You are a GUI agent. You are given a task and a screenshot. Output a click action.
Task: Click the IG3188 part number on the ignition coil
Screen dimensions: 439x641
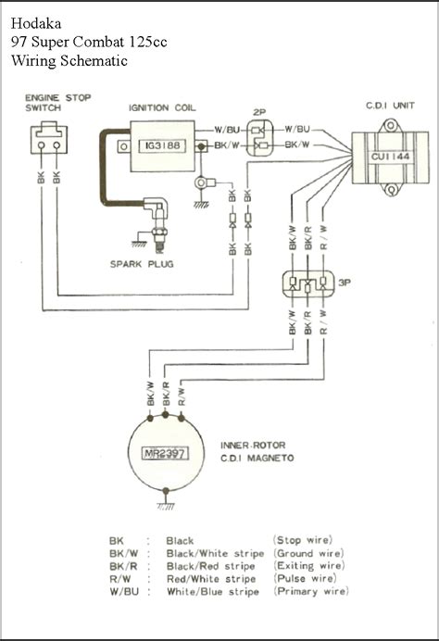pyautogui.click(x=162, y=146)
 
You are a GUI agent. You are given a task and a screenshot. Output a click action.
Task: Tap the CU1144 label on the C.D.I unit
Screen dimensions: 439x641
pyautogui.click(x=390, y=157)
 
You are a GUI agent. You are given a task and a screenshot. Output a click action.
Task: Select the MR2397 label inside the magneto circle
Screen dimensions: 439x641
pyautogui.click(x=164, y=454)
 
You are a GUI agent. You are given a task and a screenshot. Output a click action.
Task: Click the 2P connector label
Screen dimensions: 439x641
pyautogui.click(x=259, y=112)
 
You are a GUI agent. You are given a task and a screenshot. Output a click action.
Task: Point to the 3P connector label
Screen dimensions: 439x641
pyautogui.click(x=345, y=283)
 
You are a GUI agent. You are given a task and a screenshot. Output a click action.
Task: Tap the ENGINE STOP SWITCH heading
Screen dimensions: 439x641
pyautogui.click(x=58, y=103)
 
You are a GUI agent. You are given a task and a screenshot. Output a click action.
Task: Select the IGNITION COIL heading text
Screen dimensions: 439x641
pyautogui.click(x=162, y=108)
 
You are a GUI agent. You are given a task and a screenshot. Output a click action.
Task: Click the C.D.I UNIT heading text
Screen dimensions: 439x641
pyautogui.click(x=390, y=106)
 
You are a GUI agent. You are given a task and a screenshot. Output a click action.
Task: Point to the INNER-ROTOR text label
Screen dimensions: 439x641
pyautogui.click(x=253, y=446)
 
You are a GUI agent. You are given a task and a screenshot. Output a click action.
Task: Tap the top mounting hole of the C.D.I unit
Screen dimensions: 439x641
pyautogui.click(x=391, y=125)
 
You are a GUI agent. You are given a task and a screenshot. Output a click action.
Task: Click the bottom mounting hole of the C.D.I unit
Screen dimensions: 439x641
pyautogui.click(x=391, y=190)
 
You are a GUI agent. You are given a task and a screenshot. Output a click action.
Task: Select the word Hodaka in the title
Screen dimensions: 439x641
pyautogui.click(x=36, y=23)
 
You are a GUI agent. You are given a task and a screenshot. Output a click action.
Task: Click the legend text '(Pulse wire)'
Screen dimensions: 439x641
pyautogui.click(x=305, y=578)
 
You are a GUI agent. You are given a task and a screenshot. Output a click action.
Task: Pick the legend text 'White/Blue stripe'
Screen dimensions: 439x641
pyautogui.click(x=212, y=592)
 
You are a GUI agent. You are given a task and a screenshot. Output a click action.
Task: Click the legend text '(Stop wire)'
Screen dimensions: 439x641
pyautogui.click(x=303, y=540)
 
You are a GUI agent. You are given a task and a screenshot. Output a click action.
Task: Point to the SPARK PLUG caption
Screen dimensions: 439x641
pyautogui.click(x=142, y=264)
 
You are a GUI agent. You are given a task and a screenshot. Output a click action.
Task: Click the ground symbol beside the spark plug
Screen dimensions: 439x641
pyautogui.click(x=139, y=241)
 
